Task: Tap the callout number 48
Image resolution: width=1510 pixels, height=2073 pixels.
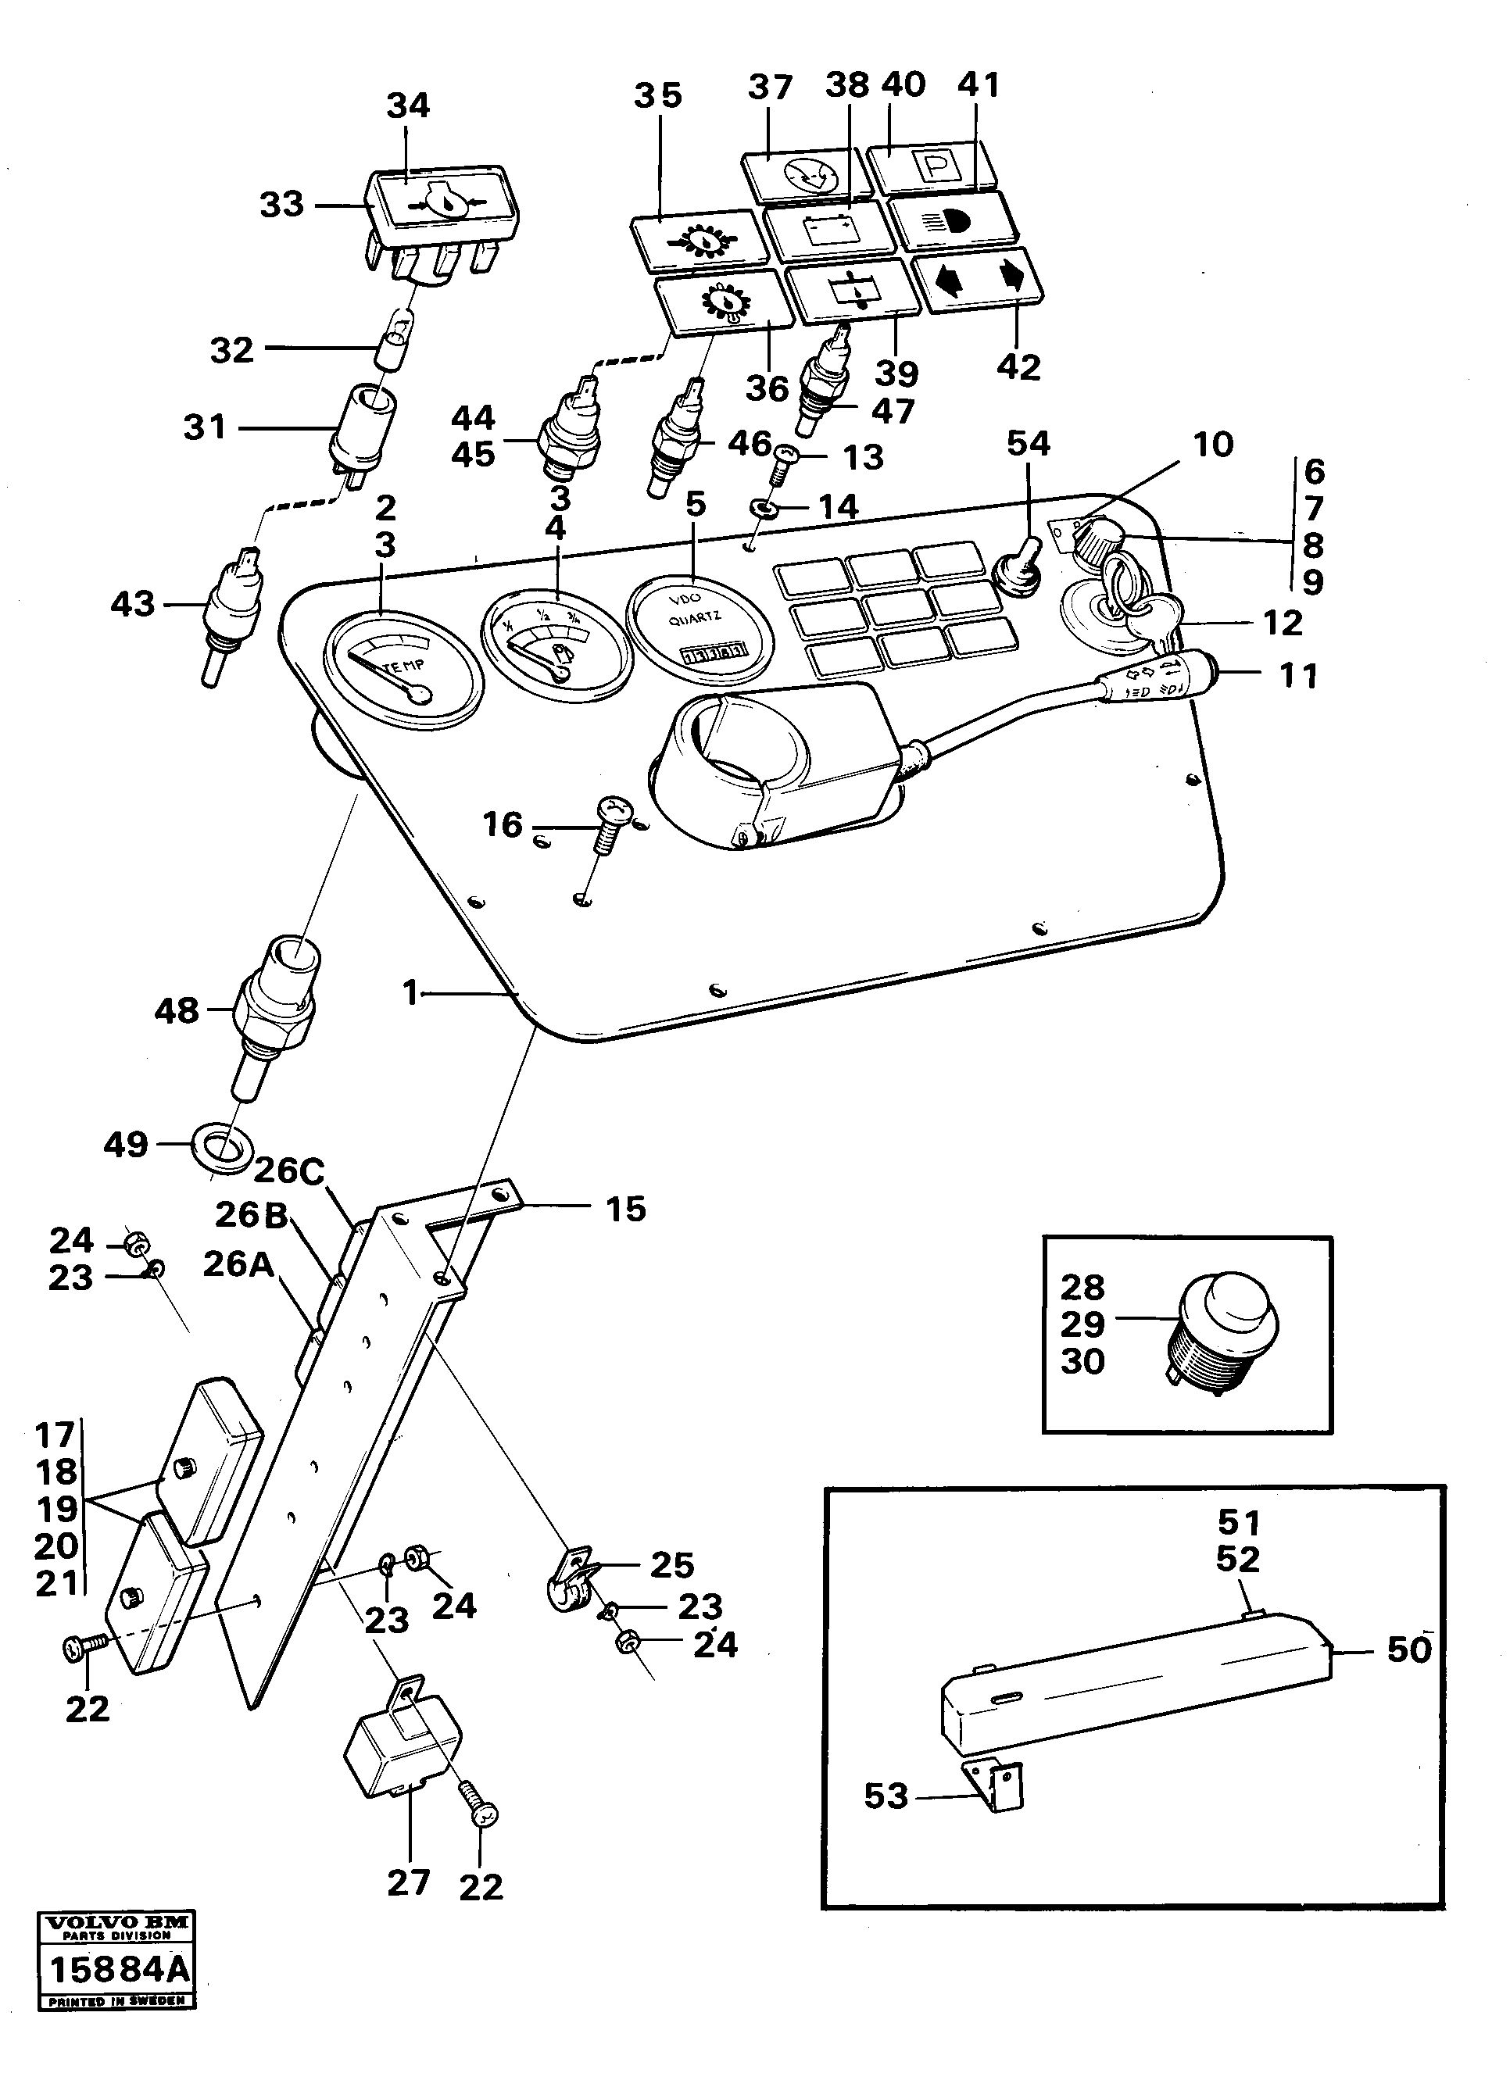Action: point(177,1012)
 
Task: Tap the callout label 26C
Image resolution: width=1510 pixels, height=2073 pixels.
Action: point(289,1171)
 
